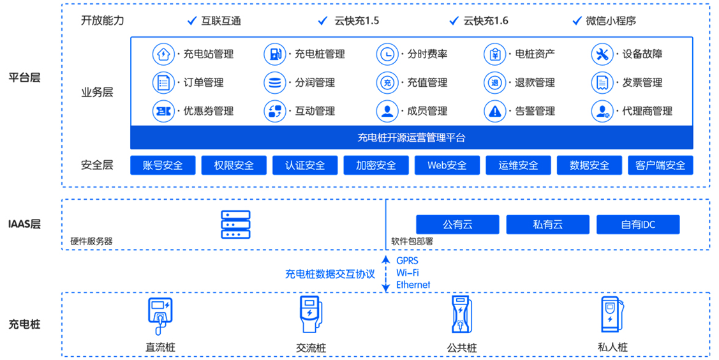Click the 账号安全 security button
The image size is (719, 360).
coord(163,165)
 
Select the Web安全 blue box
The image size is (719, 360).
coord(447,165)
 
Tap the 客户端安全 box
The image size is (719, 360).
coord(660,165)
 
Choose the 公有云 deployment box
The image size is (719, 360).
coord(457,225)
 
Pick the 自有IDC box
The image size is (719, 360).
coord(638,225)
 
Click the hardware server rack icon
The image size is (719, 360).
coord(235,224)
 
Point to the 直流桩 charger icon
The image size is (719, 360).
coord(160,316)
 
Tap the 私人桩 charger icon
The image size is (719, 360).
coord(612,315)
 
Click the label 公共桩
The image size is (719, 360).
coord(462,348)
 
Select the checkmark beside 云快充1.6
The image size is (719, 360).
coord(454,20)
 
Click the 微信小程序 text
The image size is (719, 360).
coord(611,20)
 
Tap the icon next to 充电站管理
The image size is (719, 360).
coord(163,54)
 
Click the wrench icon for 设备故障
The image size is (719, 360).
coord(602,54)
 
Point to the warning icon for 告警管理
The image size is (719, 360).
coord(495,111)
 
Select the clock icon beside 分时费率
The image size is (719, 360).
coord(387,54)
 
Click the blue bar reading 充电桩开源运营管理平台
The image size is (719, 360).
coord(411,138)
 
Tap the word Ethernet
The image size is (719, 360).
coord(413,285)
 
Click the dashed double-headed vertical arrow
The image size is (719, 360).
coord(386,274)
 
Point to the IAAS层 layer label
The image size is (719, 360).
coord(24,224)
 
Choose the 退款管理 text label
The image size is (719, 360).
coord(535,82)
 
